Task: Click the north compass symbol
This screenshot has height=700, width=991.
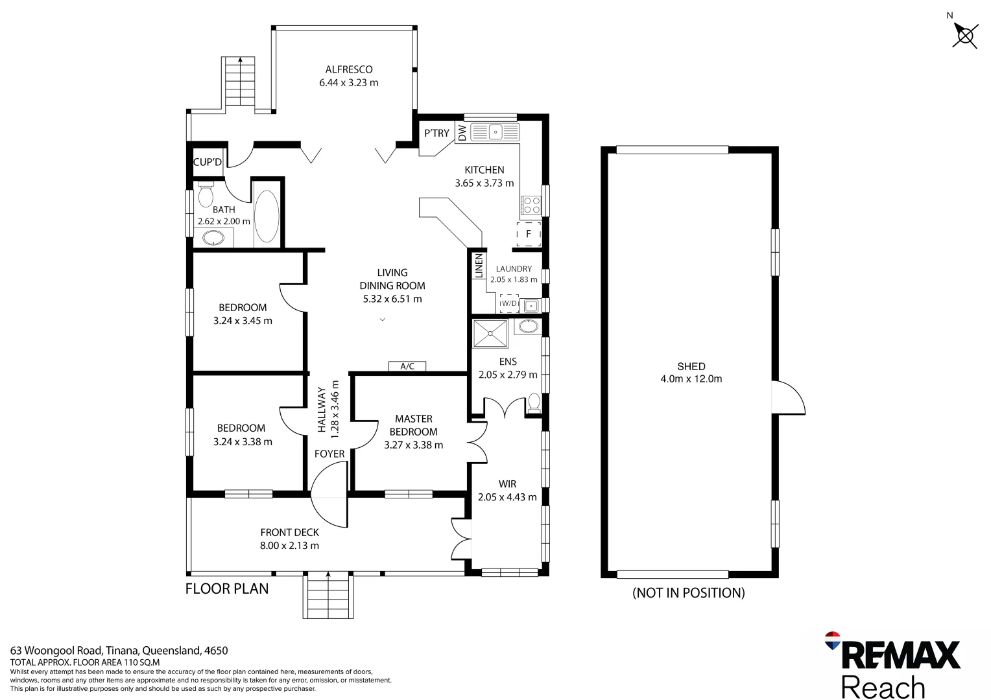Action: click(x=965, y=35)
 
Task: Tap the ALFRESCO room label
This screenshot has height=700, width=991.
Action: click(x=349, y=69)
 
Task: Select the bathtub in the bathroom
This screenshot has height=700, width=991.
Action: click(x=267, y=216)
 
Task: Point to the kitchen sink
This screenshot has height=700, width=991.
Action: click(x=495, y=132)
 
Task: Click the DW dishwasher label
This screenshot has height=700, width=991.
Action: click(x=462, y=133)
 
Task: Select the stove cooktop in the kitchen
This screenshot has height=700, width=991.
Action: click(x=531, y=205)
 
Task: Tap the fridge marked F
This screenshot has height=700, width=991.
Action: click(x=529, y=234)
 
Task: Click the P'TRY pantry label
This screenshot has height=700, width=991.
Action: click(x=436, y=133)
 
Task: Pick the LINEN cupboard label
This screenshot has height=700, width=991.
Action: click(x=479, y=266)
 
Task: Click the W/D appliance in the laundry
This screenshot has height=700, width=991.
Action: click(x=509, y=303)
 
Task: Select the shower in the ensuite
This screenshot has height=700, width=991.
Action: click(x=491, y=333)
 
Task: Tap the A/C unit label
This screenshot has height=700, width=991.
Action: click(x=407, y=366)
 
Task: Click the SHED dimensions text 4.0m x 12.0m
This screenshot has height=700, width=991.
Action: click(x=691, y=379)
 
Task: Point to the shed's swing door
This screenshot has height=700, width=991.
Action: click(x=787, y=398)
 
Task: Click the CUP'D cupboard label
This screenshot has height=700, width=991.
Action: click(x=208, y=162)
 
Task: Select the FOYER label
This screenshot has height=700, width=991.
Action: click(x=329, y=454)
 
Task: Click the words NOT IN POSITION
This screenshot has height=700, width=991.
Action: click(x=688, y=592)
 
